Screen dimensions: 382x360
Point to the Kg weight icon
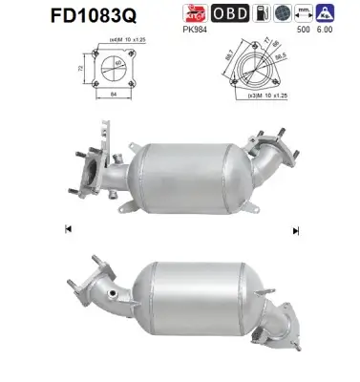tap(328, 13)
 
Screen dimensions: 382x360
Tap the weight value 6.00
tap(328, 31)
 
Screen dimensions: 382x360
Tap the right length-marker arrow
tap(295, 229)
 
